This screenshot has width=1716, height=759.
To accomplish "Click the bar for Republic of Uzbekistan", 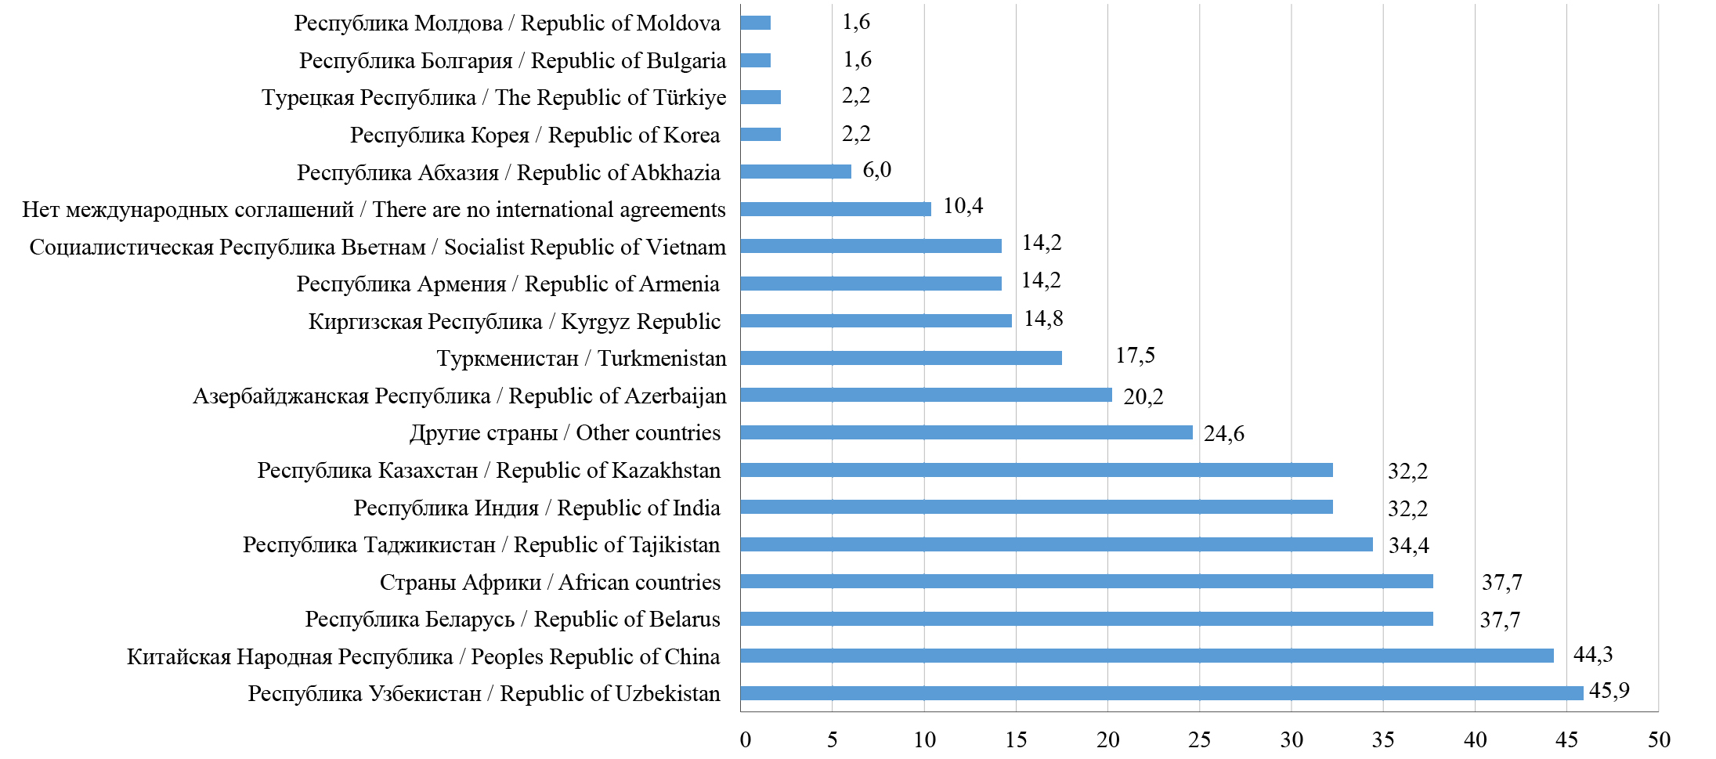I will (1161, 693).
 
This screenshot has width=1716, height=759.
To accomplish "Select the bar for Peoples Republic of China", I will (1147, 656).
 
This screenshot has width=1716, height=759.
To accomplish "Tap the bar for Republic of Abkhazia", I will (795, 172).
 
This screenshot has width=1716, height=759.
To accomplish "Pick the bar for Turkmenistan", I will (901, 358).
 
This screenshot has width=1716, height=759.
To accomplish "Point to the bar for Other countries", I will (966, 432).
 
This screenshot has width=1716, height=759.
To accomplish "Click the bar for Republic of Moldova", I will (755, 23).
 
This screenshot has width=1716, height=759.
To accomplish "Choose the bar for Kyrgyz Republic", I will (876, 320).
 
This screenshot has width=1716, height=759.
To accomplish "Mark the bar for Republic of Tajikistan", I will (1056, 544).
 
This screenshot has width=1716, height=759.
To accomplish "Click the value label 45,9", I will (1609, 691).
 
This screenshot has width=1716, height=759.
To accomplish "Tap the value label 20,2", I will (1143, 397).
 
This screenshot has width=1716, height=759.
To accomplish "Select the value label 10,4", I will (963, 206).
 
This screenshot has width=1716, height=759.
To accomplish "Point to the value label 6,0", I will (876, 170).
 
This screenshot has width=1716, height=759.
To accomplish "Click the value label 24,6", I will (1223, 434).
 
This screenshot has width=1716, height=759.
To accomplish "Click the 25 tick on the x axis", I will (1199, 739).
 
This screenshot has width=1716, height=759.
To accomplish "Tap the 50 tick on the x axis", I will (1658, 739).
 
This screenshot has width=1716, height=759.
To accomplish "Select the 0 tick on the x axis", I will (745, 739).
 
